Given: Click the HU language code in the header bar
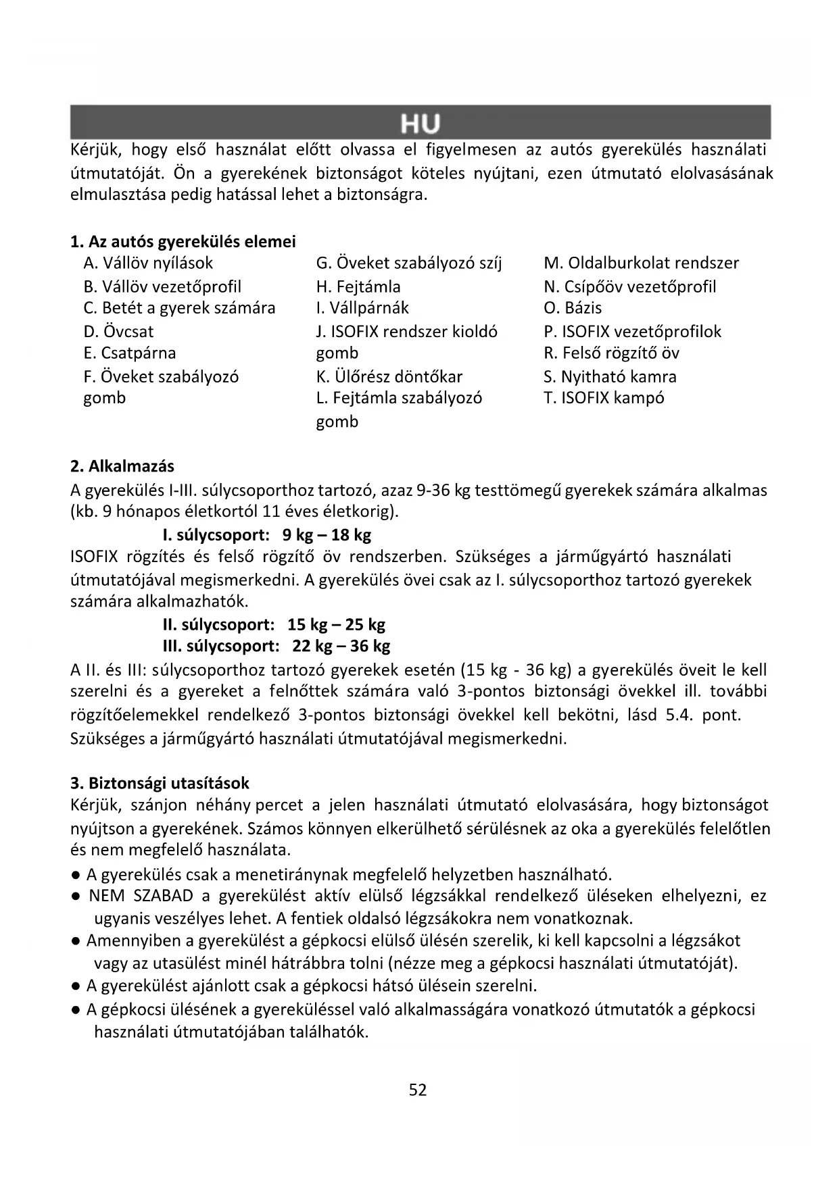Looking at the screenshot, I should pos(420,124).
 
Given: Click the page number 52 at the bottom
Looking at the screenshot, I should pos(418,1090).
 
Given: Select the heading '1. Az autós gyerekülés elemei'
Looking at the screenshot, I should pos(183,241).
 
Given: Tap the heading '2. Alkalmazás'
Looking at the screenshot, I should pos(122,466).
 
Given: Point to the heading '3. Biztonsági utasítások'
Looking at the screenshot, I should pos(160,783).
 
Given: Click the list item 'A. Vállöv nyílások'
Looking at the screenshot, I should pos(148,263).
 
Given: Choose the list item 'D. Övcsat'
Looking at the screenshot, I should pos(118,332).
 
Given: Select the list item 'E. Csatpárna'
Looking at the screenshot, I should pos(129,353).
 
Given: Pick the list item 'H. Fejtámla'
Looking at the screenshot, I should pos(358,286).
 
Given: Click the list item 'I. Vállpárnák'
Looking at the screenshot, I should pos(362,307).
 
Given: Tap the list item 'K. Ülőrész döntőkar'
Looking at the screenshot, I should pos(389,376).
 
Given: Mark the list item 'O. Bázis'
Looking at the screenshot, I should pos(573,307).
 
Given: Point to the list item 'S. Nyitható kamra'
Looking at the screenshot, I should pos(610,376).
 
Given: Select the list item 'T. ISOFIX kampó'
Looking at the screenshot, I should pos(604,397).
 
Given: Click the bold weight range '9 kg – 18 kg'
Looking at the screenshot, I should pos(327,535).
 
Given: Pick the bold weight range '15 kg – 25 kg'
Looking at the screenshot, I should pos(336,624).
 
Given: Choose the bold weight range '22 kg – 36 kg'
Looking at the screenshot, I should pos(341,646).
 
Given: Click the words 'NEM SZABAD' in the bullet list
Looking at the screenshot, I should pos(141,896).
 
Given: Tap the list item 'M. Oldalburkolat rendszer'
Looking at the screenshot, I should pos(641,263).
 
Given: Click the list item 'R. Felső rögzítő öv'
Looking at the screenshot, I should pos(611,353).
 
